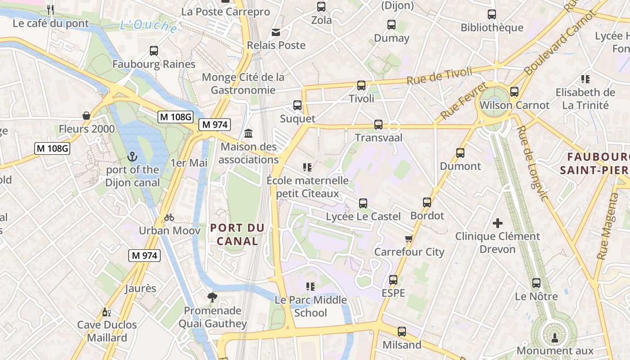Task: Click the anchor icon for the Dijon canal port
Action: [x=132, y=157]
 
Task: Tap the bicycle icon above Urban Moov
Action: [x=169, y=217]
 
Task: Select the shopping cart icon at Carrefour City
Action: [x=409, y=238]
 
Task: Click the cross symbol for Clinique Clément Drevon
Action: [x=497, y=223]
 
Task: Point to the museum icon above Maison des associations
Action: [x=248, y=134]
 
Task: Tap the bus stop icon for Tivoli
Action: [x=361, y=85]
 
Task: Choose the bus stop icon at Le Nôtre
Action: [x=536, y=283]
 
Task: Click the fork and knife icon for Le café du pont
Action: [x=50, y=9]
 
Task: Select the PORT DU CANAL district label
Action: [x=237, y=234]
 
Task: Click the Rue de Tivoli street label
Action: [x=440, y=76]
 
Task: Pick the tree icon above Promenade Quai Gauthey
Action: [x=212, y=297]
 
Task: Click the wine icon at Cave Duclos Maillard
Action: [x=106, y=312]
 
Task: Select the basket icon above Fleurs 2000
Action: [x=86, y=116]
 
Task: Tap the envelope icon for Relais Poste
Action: [x=275, y=32]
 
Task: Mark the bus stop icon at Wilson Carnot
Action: [x=514, y=92]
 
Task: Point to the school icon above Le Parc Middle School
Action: [x=310, y=286]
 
